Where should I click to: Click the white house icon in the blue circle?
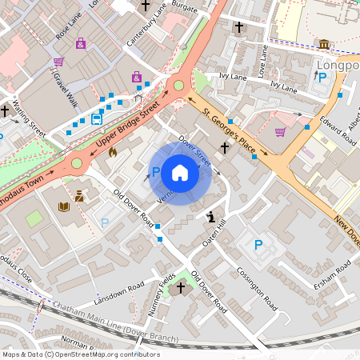[x=180, y=173]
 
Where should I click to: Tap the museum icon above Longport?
[x=323, y=45]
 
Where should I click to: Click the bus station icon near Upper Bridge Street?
[x=96, y=119]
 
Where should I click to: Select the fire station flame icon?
[x=112, y=152]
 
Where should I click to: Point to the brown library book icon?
[x=64, y=207]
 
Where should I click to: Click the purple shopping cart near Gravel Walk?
[x=58, y=62]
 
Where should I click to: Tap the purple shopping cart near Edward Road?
[x=280, y=132]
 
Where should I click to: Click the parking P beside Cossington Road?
[x=258, y=245]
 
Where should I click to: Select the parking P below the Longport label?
[x=322, y=78]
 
